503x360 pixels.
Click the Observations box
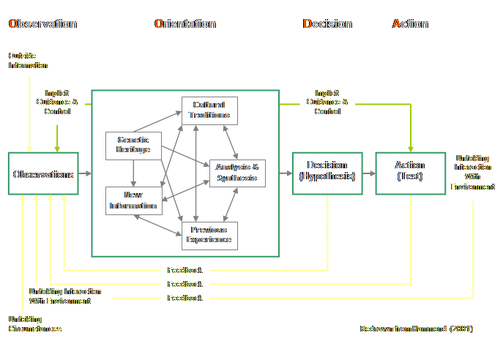point(43,174)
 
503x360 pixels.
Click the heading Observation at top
point(42,24)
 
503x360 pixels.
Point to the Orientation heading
point(185,24)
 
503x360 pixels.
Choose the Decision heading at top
point(327,24)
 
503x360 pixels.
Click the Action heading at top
point(410,24)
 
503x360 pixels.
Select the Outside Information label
point(27,61)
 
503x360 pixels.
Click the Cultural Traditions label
point(209,110)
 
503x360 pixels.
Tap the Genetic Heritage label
point(133,145)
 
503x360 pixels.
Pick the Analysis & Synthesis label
point(237,173)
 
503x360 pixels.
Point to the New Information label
point(133,200)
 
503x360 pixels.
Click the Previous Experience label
point(209,235)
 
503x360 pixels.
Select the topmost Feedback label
point(185,271)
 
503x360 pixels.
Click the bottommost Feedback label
point(185,299)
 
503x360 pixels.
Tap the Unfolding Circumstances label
point(34,324)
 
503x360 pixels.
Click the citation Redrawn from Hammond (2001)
point(417,329)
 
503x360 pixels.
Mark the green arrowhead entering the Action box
point(410,147)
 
